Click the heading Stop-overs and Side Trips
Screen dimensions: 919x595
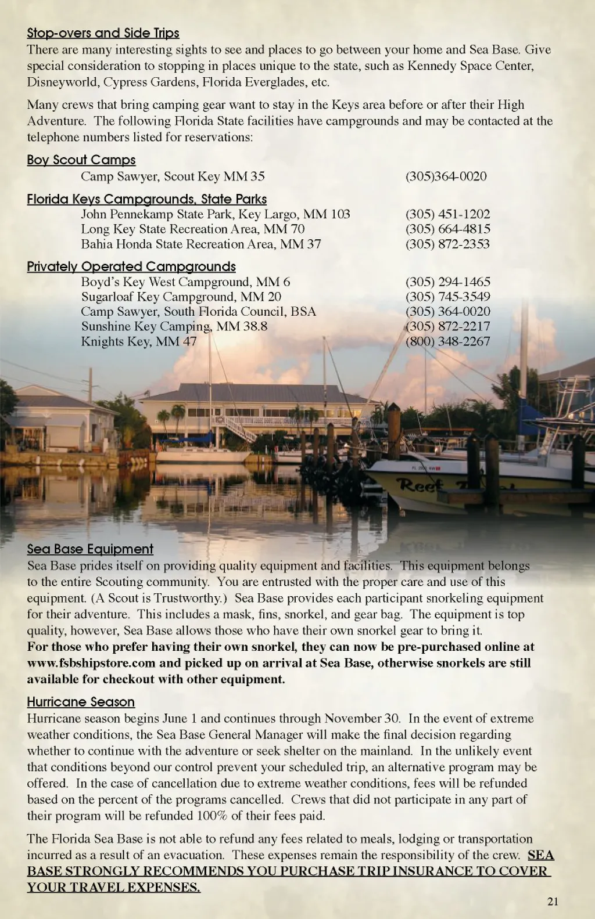click(x=103, y=33)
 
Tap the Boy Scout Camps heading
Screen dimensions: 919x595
click(x=81, y=160)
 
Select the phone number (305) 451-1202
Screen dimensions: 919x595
click(x=447, y=214)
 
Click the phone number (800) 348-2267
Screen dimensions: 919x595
click(x=447, y=341)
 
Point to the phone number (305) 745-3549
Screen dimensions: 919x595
click(x=447, y=297)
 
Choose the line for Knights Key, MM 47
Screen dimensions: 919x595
click(x=139, y=341)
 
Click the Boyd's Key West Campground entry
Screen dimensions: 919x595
click(x=185, y=282)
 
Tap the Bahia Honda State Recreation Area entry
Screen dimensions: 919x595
click(x=200, y=244)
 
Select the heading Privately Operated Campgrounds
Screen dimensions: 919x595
click(x=131, y=266)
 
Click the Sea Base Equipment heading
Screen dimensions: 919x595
click(x=90, y=549)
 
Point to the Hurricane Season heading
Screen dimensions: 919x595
click(x=81, y=702)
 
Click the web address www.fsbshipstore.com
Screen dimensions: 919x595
click(x=91, y=663)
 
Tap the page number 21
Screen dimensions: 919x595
click(x=553, y=902)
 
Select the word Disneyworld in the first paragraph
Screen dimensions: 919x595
click(x=63, y=82)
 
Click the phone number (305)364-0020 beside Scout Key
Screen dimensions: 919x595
click(x=446, y=176)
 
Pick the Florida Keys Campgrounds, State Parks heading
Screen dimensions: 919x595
click(x=146, y=199)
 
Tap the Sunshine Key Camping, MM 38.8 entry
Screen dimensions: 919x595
click(x=174, y=326)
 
